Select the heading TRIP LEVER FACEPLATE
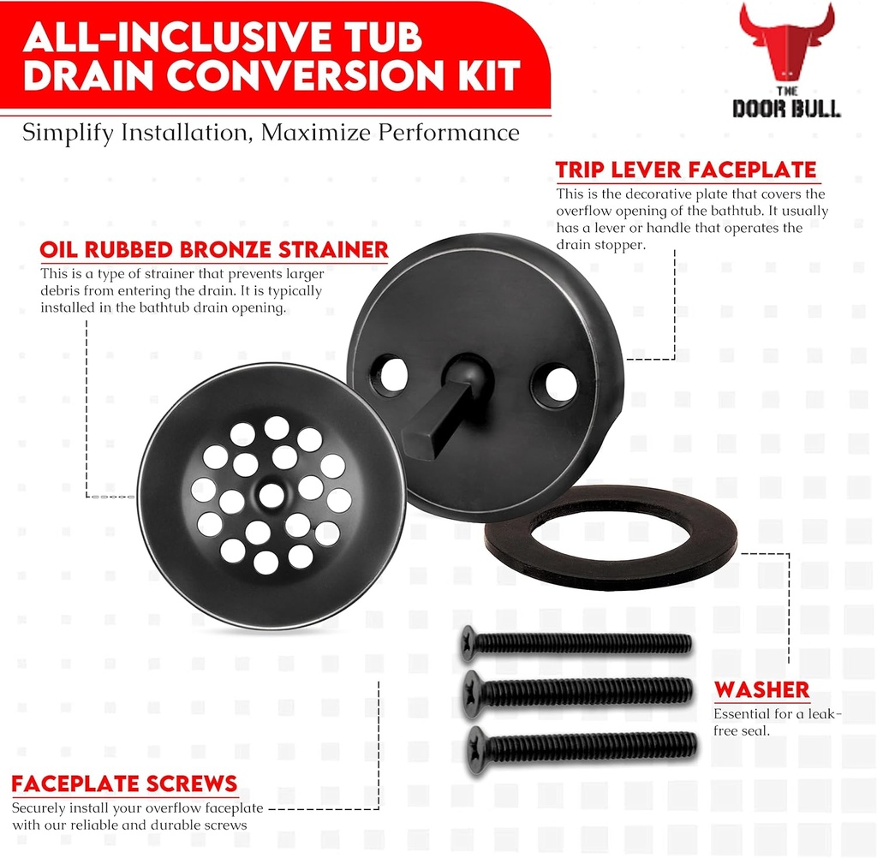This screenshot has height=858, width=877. point(687,170)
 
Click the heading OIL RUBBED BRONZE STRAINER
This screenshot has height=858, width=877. point(214,250)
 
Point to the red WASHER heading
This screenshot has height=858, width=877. point(762,690)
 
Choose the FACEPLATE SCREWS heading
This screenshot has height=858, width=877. point(124,784)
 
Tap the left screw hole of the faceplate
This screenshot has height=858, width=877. point(390,374)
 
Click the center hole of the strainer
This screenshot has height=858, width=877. point(271,495)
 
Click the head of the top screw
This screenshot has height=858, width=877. point(468,642)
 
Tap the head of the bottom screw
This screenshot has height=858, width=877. point(477,751)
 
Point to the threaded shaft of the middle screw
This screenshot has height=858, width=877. point(591,691)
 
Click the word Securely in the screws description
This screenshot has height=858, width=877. point(35,808)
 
